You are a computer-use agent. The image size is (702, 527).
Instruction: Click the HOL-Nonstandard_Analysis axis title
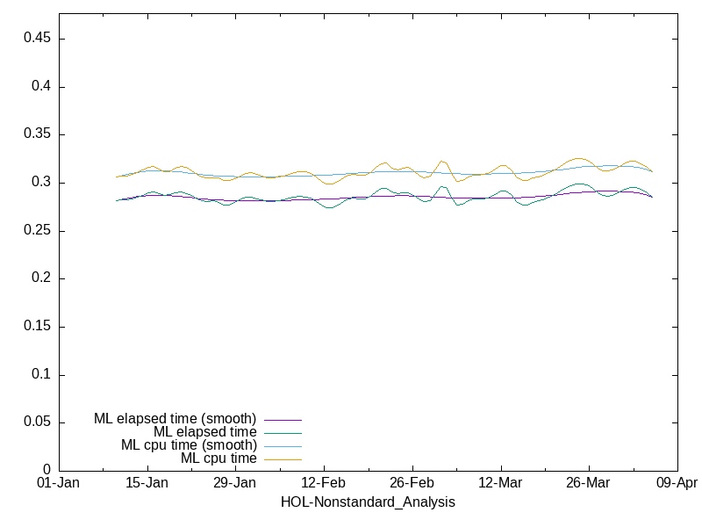368,502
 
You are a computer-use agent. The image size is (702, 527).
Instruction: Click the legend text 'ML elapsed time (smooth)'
175,419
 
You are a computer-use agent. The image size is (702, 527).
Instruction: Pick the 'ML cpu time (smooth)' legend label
189,445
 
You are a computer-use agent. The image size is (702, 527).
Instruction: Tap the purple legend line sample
283,420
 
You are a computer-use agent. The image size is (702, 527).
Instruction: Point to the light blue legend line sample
283,446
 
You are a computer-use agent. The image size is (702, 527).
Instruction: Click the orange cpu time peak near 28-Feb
442,161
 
